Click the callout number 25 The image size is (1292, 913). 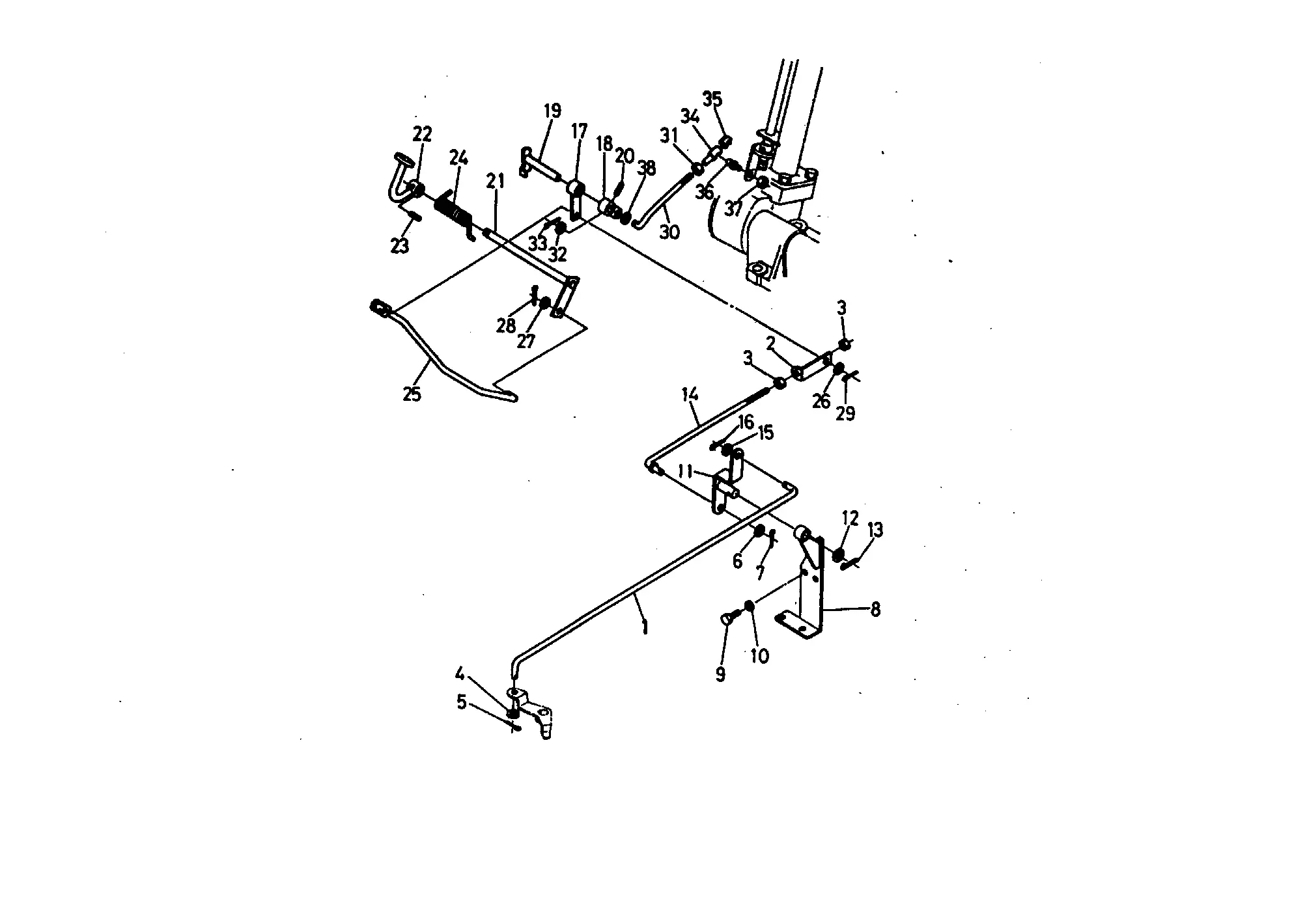(412, 394)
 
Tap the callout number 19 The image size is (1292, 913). (552, 111)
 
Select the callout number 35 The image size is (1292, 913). (712, 100)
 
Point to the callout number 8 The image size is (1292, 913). (875, 610)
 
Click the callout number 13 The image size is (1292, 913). (875, 530)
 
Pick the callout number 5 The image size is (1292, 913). (462, 702)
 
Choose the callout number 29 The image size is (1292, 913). (845, 413)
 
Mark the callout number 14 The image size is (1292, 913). (690, 394)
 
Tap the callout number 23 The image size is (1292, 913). (400, 246)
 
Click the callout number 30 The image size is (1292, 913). (669, 232)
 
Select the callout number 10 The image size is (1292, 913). (760, 656)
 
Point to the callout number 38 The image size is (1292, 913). (646, 169)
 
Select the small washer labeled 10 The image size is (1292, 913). (749, 605)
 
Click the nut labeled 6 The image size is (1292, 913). (759, 532)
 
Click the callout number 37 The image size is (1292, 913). (734, 210)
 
